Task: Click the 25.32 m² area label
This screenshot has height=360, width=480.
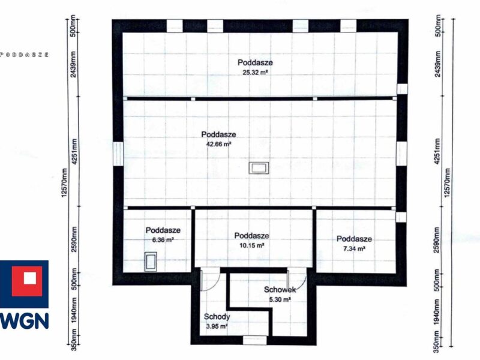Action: tap(255, 73)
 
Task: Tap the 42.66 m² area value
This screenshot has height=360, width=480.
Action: tap(218, 144)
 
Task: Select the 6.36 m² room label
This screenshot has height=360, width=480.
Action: tap(163, 240)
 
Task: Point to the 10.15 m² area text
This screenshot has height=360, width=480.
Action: tap(251, 245)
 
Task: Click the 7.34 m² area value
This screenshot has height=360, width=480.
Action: tap(354, 248)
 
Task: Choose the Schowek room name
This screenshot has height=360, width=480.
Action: tap(280, 290)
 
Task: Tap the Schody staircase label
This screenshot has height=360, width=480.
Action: tap(217, 317)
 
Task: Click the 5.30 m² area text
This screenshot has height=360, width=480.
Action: tap(280, 299)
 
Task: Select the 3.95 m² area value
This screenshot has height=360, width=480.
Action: tap(217, 326)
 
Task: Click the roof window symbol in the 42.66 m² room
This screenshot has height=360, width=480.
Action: tap(259, 168)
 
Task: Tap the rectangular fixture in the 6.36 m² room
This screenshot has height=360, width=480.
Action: tap(151, 262)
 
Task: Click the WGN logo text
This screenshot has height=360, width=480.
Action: tap(24, 321)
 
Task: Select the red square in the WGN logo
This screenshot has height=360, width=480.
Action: tap(27, 281)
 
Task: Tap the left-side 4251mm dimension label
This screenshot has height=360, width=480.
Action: tap(74, 152)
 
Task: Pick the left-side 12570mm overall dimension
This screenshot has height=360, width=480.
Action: tap(64, 183)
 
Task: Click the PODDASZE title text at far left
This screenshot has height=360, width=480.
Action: tap(24, 55)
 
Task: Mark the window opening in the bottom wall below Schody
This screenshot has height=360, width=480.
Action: tap(254, 340)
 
